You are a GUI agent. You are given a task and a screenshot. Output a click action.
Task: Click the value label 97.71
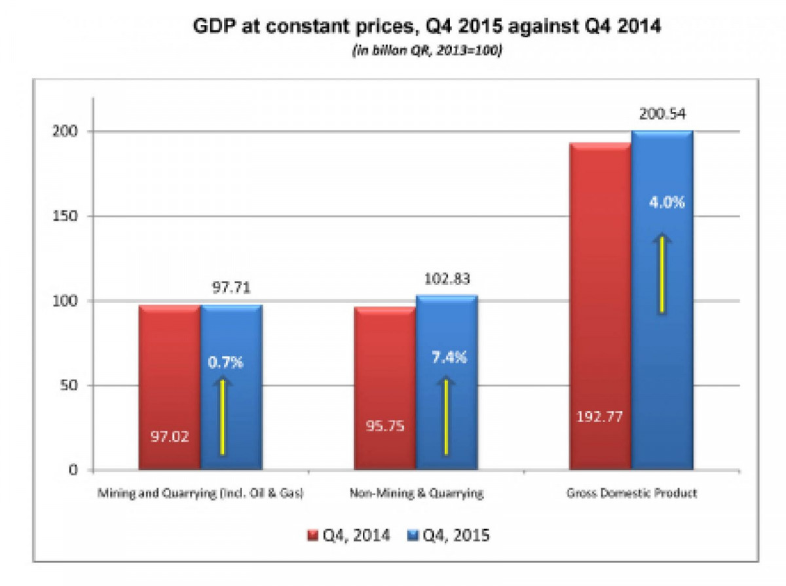coord(232,288)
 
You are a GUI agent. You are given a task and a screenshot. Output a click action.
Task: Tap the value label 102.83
coord(447,279)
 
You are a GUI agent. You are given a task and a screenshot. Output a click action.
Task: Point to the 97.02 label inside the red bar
coord(169,436)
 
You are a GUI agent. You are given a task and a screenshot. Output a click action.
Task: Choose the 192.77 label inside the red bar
coord(599,415)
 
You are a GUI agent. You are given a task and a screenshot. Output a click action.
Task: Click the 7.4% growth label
coord(448,357)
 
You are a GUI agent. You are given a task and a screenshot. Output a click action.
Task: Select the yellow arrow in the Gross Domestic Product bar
coord(662,274)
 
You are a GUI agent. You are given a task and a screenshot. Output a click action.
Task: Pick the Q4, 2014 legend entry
coord(349,536)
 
